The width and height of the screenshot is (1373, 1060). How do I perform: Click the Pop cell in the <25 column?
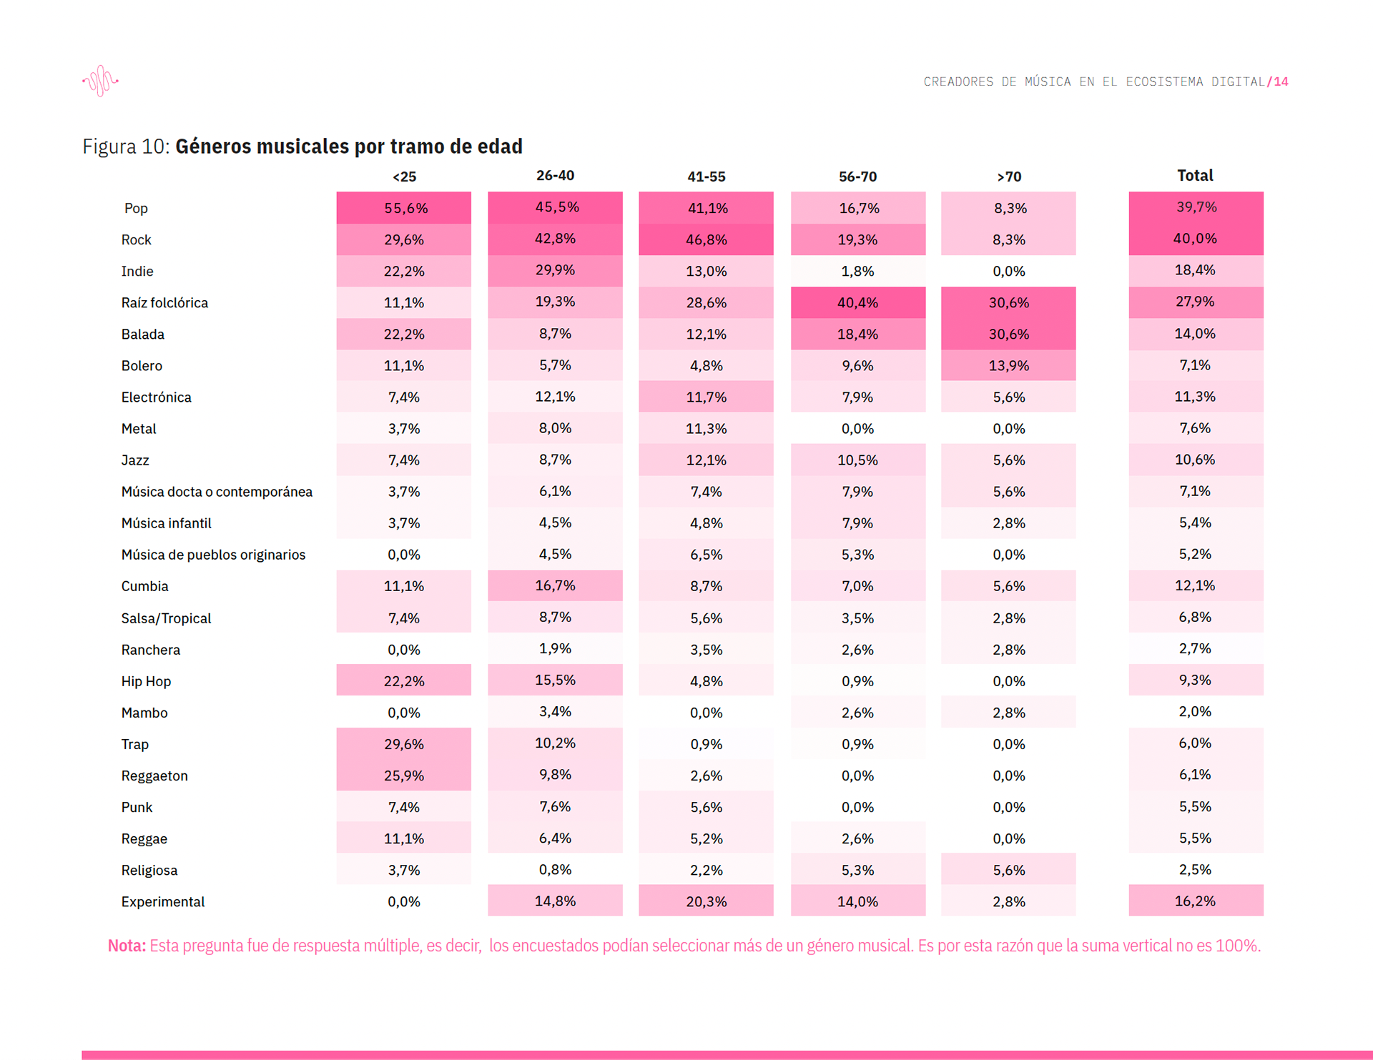[404, 208]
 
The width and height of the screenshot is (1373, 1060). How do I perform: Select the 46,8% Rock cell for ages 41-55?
[706, 239]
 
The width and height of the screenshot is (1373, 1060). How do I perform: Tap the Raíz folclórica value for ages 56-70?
[857, 302]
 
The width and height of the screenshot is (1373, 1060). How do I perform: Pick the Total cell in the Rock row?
[1196, 239]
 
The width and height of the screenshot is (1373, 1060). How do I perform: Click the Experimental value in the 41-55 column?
[706, 901]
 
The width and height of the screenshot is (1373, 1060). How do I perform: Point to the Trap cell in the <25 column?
[404, 743]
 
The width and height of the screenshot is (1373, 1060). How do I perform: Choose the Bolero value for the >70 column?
[1008, 365]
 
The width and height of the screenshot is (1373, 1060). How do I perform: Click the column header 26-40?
[555, 176]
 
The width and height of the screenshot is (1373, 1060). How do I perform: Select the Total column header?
[1196, 176]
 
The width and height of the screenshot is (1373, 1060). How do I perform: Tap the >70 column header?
[1009, 177]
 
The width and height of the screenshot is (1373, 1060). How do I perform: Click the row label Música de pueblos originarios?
[213, 555]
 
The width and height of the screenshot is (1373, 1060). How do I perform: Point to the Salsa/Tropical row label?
[166, 618]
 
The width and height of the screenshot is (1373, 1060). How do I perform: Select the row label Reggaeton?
[154, 776]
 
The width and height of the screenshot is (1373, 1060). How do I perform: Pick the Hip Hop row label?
[146, 681]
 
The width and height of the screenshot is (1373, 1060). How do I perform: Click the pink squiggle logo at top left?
[101, 81]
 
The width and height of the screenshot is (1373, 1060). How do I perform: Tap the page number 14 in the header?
[1281, 82]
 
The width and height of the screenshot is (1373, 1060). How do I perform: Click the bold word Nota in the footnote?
[127, 946]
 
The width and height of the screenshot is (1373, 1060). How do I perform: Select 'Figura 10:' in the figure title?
[126, 147]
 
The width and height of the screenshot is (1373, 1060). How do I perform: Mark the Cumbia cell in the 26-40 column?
[555, 585]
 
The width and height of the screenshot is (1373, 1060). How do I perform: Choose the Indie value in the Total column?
[1196, 271]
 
